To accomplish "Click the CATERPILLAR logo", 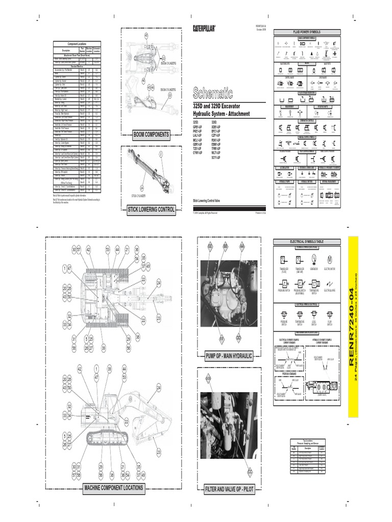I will point(204,28).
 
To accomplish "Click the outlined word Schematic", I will point(212,93).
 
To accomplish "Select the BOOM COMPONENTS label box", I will point(151,135).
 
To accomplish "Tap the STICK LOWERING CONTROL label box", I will point(151,209).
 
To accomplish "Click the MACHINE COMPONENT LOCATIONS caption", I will point(113,488).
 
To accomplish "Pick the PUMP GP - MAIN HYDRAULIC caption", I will point(229,356).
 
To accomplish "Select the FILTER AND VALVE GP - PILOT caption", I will point(229,488).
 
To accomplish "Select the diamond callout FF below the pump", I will point(222,338).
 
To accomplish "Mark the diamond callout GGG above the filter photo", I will point(208,378).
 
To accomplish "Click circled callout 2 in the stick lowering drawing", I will point(160,153).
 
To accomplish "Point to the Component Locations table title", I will point(77,45).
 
